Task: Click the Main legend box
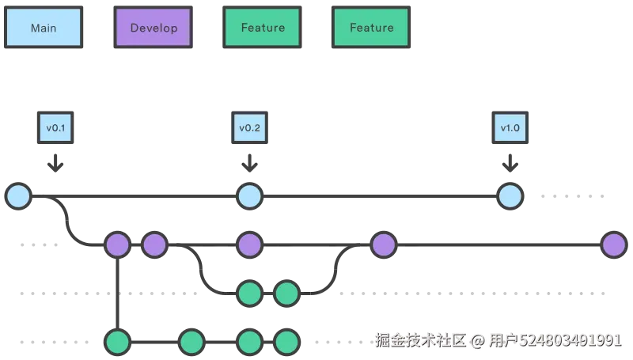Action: tap(43, 28)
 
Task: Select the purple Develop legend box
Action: tap(154, 28)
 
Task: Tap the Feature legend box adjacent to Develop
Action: tap(263, 28)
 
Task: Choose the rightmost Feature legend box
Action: tap(371, 28)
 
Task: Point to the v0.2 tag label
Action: tap(250, 127)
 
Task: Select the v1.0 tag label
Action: tap(510, 127)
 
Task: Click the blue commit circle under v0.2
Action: tap(250, 195)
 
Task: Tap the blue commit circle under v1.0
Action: tap(510, 195)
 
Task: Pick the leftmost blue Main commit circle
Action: tap(17, 195)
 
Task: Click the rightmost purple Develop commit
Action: tap(613, 245)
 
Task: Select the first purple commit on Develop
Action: tap(117, 245)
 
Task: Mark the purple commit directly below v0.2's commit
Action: tap(250, 245)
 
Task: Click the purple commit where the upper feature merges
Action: tap(383, 245)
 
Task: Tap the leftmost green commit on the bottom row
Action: tap(117, 342)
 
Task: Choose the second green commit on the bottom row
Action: tap(191, 342)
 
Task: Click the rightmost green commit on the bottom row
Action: tap(286, 342)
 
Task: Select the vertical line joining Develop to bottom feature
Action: tap(117, 293)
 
